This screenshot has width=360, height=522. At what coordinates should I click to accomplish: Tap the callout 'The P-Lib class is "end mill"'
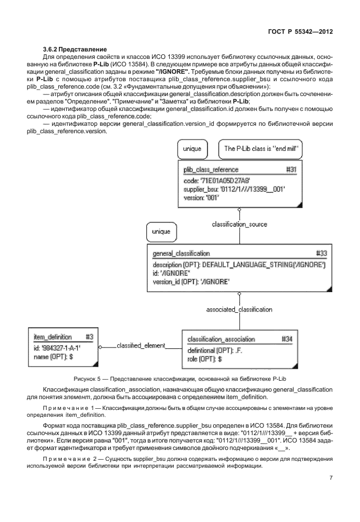(262, 149)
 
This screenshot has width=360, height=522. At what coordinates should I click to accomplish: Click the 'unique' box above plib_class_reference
(192, 149)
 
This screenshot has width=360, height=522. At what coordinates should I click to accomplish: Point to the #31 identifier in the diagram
(291, 170)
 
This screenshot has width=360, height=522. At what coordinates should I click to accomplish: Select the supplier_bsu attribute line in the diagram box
(234, 189)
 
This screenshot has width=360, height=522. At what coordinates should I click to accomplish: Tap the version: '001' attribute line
(202, 197)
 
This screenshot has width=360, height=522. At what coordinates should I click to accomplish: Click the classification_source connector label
(239, 224)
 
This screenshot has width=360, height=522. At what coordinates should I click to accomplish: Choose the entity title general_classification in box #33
(181, 253)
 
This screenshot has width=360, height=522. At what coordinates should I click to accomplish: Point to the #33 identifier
(322, 253)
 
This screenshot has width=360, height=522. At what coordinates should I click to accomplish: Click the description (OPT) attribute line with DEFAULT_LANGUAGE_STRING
(239, 265)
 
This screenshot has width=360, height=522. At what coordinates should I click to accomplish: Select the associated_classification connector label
(239, 309)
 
